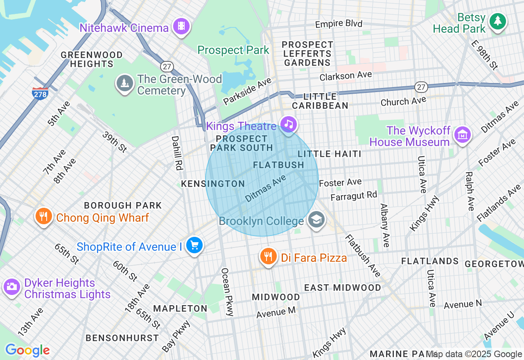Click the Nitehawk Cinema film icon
(181, 27)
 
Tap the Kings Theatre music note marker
(289, 124)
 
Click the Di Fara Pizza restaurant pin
(268, 256)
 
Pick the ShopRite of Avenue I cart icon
(194, 245)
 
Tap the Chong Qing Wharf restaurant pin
(44, 216)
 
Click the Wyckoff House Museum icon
(462, 135)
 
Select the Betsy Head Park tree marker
(498, 21)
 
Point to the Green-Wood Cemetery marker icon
(124, 83)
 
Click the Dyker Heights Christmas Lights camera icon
(11, 287)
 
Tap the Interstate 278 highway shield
(40, 93)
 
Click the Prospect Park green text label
(233, 50)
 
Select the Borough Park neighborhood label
(123, 205)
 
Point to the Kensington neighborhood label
(213, 184)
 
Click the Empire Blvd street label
(339, 24)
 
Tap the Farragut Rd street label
(353, 196)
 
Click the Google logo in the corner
(27, 350)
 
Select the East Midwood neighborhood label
(342, 288)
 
